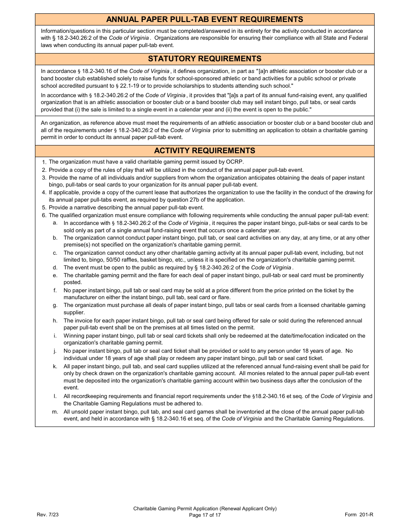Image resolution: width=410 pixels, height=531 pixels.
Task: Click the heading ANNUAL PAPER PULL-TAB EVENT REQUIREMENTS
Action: tap(205, 19)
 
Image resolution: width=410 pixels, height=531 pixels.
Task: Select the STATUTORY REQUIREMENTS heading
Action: tap(205, 59)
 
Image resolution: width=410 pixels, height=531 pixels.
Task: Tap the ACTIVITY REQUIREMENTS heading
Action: tap(205, 151)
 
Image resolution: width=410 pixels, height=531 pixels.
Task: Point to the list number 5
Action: tap(44, 208)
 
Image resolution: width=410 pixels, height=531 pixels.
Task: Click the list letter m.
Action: tap(55, 412)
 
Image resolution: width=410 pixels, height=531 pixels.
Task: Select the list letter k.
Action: tap(55, 367)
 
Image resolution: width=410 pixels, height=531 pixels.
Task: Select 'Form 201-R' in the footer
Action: tap(359, 515)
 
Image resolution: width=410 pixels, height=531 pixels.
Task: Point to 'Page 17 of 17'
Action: tap(205, 515)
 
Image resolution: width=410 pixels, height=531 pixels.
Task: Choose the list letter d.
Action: tap(55, 268)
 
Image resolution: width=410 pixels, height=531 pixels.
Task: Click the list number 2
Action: tap(44, 170)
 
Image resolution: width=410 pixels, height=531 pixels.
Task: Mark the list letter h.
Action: tap(55, 321)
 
